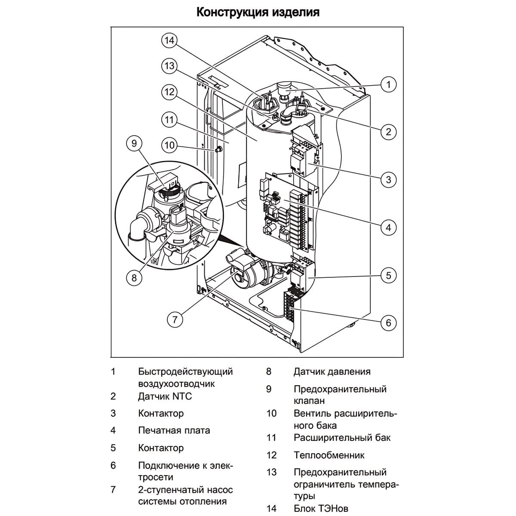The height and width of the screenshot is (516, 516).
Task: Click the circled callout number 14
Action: click(169, 40)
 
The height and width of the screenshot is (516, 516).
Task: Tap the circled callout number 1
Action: click(389, 84)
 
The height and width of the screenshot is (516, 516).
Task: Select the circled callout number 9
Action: click(134, 143)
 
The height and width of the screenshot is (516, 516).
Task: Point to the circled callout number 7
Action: click(175, 319)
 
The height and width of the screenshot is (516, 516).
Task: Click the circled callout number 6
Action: click(389, 322)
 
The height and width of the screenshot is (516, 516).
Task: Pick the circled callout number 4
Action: click(389, 227)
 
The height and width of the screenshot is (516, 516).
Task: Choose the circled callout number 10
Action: click(170, 145)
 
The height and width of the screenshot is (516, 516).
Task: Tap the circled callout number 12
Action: click(169, 92)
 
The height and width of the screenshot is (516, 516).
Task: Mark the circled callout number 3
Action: click(389, 179)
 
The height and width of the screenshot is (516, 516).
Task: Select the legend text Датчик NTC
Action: click(165, 396)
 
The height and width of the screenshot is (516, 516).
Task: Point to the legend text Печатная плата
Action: click(174, 430)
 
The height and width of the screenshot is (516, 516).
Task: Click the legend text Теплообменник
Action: click(329, 455)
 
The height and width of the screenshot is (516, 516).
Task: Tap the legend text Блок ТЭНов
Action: click(321, 508)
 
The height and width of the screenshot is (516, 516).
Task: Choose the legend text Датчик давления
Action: click(332, 372)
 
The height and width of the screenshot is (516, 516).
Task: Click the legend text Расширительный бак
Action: click(342, 438)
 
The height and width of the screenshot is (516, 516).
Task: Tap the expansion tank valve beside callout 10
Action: click(218, 149)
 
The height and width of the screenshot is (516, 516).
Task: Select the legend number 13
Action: click(271, 472)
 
